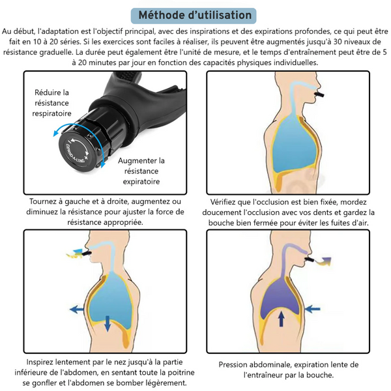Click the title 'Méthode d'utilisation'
195,14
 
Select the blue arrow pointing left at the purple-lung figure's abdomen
311,308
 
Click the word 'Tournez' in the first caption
45,201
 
